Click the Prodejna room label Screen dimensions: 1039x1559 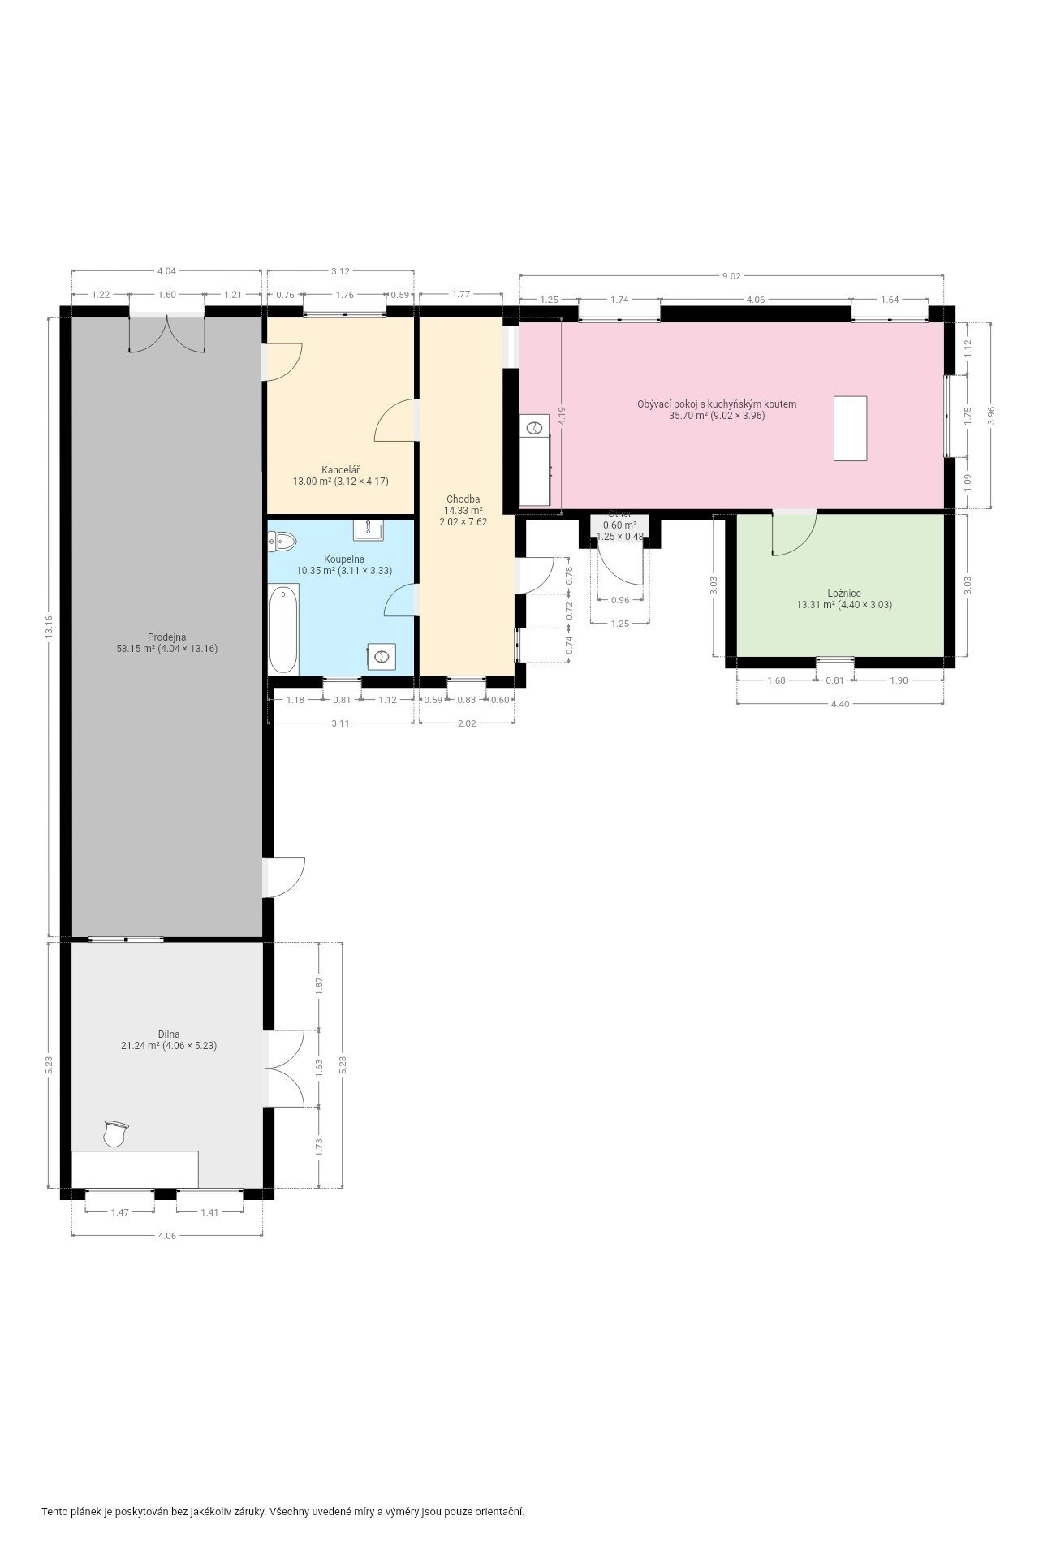coord(166,637)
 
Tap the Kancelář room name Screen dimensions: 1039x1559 coord(341,470)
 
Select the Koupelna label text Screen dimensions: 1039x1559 coord(344,559)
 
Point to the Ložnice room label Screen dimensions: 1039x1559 coord(844,594)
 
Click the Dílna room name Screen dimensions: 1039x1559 coord(169,1034)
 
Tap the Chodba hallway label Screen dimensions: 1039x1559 coord(463,499)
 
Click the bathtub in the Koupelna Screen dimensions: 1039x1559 coord(283,629)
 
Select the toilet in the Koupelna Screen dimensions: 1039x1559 coord(282,541)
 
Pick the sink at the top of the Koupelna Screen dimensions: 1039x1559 coord(369,531)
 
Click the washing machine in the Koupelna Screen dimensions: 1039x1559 coord(381,656)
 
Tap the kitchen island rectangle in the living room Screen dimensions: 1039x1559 coord(850,428)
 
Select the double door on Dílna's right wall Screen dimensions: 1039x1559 coord(284,1068)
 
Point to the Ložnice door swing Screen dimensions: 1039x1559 coord(793,534)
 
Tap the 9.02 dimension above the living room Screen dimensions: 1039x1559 coord(731,276)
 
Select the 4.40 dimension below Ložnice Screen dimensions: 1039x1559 coord(840,704)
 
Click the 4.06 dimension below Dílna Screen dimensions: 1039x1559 coord(166,1236)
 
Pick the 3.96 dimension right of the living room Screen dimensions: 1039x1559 coord(990,415)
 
